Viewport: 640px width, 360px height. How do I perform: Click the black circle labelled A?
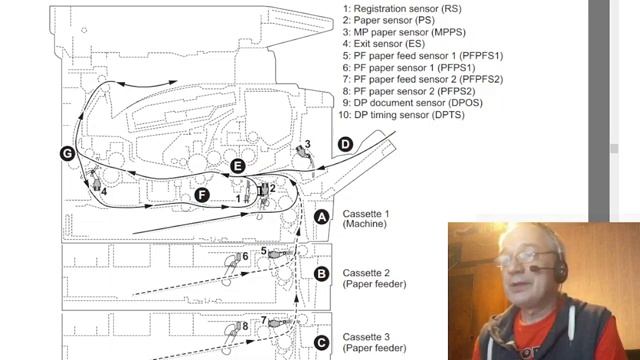click(x=322, y=217)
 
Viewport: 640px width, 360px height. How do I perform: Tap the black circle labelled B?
click(x=322, y=273)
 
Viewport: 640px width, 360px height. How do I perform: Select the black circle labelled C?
click(x=322, y=342)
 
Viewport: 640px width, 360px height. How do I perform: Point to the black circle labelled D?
click(x=345, y=144)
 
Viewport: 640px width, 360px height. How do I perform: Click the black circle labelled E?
click(x=238, y=166)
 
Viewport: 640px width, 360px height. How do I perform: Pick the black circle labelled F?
click(x=202, y=195)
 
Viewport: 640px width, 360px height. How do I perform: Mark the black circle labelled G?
click(x=67, y=153)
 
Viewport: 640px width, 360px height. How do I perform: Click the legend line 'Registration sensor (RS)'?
click(x=402, y=9)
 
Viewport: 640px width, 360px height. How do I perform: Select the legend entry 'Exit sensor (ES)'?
click(x=384, y=44)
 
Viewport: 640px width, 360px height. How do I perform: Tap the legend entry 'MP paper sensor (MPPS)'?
click(x=404, y=32)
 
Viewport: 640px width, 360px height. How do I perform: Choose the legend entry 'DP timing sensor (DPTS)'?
click(x=401, y=115)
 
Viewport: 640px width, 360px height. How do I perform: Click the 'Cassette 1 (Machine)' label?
click(x=366, y=219)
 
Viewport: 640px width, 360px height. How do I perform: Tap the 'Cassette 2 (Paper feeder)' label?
click(x=374, y=278)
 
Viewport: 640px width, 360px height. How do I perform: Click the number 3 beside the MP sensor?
click(x=307, y=144)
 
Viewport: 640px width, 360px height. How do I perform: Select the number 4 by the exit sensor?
click(x=104, y=191)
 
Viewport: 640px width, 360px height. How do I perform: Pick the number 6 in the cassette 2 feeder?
click(x=245, y=256)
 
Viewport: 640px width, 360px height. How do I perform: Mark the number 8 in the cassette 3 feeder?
click(x=245, y=326)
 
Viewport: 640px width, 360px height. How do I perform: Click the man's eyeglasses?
click(x=525, y=257)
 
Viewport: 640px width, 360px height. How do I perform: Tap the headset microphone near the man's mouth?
click(x=536, y=268)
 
